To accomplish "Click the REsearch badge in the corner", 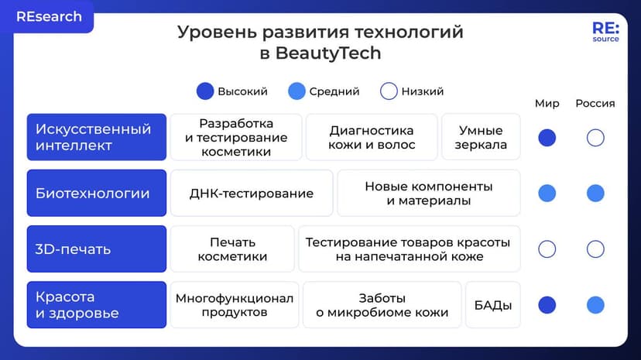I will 48,17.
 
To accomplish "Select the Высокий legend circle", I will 205,91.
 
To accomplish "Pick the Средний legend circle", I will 297,91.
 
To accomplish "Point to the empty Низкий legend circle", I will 389,91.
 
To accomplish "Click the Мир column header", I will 547,104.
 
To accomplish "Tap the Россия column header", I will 595,104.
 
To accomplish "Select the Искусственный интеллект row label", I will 97,137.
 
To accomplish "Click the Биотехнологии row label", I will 97,194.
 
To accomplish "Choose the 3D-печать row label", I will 97,249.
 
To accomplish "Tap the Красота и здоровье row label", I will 97,305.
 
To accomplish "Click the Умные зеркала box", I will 481,137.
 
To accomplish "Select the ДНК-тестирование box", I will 252,194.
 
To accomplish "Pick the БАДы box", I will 493,305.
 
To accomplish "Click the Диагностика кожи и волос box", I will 372,137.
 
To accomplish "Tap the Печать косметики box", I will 232,249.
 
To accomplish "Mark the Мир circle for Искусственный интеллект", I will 547,138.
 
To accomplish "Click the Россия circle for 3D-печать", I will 595,249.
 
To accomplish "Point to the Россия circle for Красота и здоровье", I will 595,305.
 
